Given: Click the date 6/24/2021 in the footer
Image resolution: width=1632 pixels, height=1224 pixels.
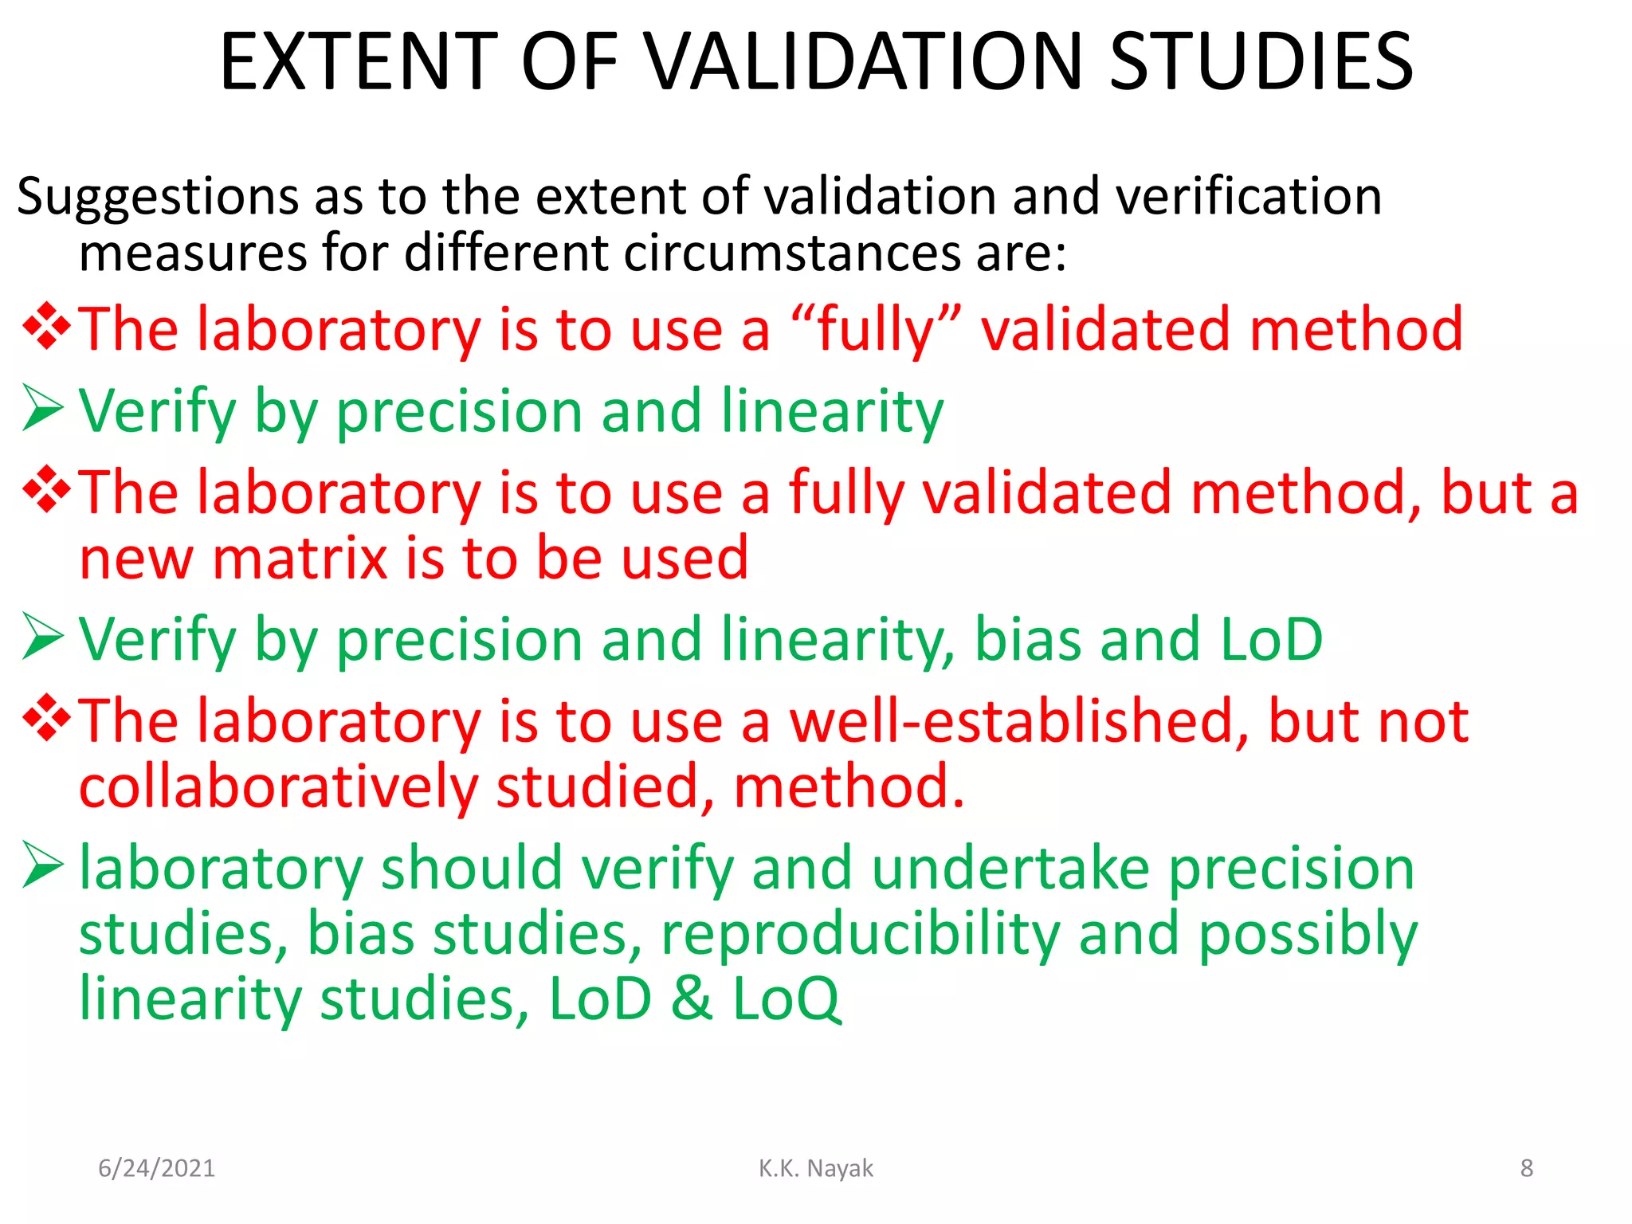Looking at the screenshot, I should click(156, 1168).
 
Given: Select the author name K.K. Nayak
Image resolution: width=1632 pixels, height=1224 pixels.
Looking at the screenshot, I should click(815, 1168).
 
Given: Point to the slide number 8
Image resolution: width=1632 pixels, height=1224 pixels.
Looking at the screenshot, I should click(1526, 1168).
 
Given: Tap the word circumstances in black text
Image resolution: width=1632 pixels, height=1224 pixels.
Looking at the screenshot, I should click(792, 253).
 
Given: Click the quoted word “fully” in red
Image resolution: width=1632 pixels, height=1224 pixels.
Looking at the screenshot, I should click(876, 330).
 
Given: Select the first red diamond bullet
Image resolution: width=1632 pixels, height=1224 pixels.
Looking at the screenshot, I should click(46, 326).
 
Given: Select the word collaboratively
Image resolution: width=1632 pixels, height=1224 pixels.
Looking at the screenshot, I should click(278, 787).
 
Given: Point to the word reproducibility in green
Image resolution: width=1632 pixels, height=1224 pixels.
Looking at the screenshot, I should click(861, 934).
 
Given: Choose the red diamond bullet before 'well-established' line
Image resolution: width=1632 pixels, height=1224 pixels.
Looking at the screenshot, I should click(46, 717).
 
